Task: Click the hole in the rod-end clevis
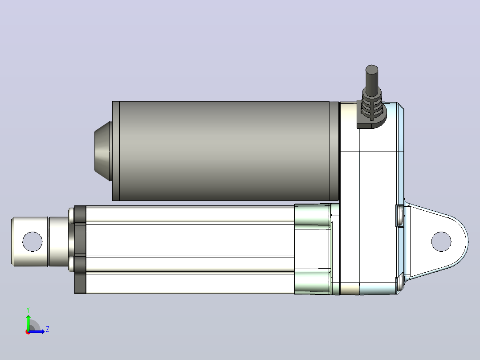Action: click(x=33, y=241)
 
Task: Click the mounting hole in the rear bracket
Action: click(x=441, y=242)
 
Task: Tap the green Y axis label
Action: click(x=28, y=310)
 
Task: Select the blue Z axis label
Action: click(x=48, y=329)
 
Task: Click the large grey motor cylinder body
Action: click(x=224, y=151)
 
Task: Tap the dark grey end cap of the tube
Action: click(x=80, y=250)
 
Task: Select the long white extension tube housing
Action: click(x=190, y=250)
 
